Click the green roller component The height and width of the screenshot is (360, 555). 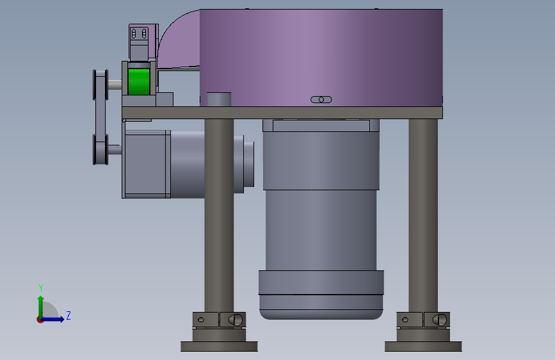139,82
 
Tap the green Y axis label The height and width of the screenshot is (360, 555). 41,288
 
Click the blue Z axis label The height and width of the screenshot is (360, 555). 68,315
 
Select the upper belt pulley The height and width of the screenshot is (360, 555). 101,85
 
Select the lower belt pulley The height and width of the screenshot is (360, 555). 101,149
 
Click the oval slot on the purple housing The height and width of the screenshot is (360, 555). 321,99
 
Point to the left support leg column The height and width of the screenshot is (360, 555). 219,215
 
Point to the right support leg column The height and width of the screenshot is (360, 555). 423,215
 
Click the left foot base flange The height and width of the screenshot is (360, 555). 219,346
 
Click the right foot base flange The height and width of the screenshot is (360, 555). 423,346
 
